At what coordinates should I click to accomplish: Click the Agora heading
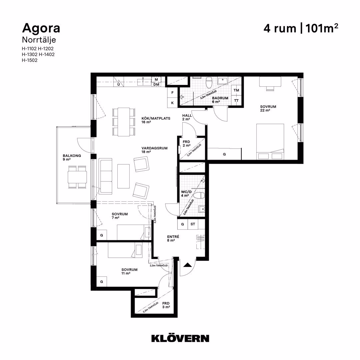41,29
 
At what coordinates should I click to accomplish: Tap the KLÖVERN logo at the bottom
180,338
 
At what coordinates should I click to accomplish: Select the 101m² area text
322,28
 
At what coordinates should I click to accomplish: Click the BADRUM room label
220,98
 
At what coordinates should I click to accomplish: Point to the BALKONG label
72,156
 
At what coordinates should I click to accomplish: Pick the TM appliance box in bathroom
236,90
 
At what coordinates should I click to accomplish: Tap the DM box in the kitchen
156,84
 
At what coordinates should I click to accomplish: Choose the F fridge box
172,93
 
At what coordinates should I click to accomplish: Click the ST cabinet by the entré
193,224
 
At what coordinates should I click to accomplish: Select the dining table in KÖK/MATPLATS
124,122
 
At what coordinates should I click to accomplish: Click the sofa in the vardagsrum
106,176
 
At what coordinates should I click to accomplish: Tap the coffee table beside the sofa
124,176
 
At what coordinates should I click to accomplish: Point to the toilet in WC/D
199,196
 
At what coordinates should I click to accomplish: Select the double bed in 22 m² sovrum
270,142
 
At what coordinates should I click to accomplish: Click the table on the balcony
77,177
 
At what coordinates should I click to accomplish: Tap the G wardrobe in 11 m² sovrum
101,281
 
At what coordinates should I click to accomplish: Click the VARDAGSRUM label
155,148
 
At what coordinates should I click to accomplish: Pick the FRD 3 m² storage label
166,305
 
